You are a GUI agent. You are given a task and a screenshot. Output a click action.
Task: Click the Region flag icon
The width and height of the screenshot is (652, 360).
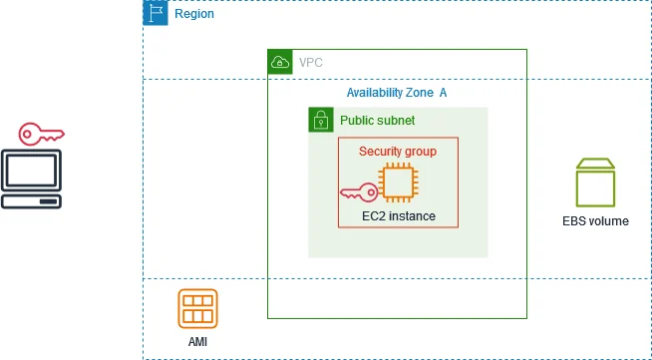(156, 13)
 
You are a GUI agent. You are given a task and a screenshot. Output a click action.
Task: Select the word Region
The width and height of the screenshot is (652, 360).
(193, 14)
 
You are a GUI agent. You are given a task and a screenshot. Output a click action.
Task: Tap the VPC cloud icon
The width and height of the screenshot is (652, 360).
(280, 62)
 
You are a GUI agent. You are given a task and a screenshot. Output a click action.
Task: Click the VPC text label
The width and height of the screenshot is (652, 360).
(311, 63)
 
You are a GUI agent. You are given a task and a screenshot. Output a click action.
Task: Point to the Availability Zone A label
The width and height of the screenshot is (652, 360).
(396, 93)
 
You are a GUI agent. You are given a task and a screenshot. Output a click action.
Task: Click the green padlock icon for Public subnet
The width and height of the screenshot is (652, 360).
(320, 120)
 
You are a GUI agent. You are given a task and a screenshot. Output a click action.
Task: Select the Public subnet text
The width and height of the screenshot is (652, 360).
(377, 121)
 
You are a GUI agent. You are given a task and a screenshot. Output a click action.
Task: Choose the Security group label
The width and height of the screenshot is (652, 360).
(397, 151)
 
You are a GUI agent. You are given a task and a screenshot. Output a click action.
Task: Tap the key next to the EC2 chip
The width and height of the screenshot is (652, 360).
(358, 191)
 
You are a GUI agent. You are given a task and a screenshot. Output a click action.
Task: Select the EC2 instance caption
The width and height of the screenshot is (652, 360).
(398, 215)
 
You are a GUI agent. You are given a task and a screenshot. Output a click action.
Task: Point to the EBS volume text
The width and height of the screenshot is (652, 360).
(595, 220)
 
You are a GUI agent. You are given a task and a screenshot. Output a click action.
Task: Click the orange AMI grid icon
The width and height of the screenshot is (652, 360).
(197, 309)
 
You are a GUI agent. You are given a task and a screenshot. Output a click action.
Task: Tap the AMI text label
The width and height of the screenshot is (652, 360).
(197, 342)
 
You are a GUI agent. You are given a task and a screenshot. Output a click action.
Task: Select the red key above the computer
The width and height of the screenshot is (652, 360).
(41, 133)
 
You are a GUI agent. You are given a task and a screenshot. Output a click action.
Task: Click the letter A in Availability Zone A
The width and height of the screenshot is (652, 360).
(443, 93)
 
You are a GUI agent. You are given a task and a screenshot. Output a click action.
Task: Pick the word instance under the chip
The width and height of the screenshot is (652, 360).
(412, 215)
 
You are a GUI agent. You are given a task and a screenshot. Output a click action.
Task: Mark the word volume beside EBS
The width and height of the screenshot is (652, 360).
(608, 220)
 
